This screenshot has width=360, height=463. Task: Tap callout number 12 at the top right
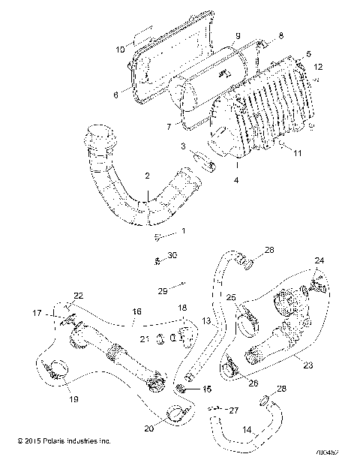pos(319,66)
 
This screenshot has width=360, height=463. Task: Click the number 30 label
pos(173,256)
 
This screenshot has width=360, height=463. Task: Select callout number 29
pos(163,290)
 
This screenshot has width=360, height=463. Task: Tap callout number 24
pos(319,260)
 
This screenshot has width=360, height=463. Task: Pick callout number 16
pos(136,309)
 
